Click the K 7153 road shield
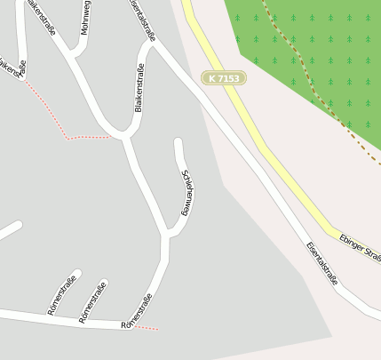click(x=223, y=78)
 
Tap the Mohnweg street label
click(x=85, y=20)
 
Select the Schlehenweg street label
click(x=187, y=191)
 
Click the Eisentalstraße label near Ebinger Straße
click(x=322, y=263)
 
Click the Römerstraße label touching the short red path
click(x=136, y=311)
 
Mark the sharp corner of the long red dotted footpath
click(x=67, y=139)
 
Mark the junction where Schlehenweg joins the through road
click(x=166, y=235)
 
